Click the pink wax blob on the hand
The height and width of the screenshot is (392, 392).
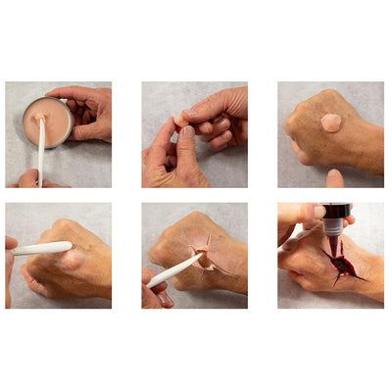click(331, 122)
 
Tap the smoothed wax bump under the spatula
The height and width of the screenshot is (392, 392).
click(71, 259)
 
